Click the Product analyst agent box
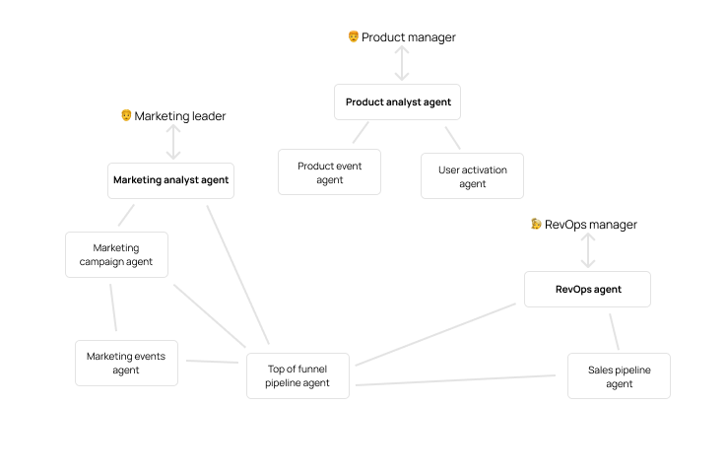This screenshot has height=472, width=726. pos(398,101)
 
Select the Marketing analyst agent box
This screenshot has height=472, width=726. pos(170,180)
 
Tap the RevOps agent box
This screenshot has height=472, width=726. pos(588,290)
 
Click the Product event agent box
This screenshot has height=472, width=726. pos(329,172)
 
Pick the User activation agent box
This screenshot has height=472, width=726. pos(472,176)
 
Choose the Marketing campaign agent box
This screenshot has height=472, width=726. pos(116,255)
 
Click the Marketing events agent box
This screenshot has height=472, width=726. pos(126,363)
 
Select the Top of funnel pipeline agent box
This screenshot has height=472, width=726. pos(297,375)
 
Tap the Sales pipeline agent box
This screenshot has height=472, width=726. pos(619,375)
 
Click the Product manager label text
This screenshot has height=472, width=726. pos(408,37)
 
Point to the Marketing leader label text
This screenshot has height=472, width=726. pos(180,116)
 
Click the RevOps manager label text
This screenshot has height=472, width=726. pos(591,225)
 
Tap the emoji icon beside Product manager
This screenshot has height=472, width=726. pos(354,36)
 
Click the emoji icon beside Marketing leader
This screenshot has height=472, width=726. pos(126,115)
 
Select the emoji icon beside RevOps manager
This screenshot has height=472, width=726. pos(536,224)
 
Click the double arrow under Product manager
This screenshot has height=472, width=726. pos(401,64)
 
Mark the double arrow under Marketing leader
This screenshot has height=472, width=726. pos(174,142)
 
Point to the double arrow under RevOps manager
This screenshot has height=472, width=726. pos(588,250)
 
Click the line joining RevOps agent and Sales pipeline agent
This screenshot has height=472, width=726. pos(614,332)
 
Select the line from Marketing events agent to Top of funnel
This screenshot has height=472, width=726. pos(212,362)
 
